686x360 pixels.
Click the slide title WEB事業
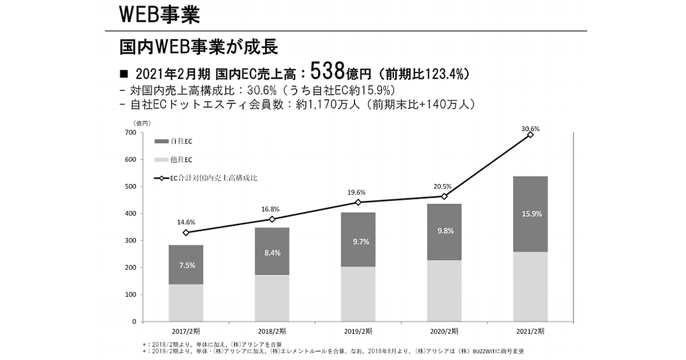pyautogui.click(x=159, y=14)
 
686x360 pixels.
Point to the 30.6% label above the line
pyautogui.click(x=531, y=129)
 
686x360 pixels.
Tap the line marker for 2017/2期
pyautogui.click(x=186, y=233)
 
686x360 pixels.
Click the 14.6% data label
pyautogui.click(x=186, y=222)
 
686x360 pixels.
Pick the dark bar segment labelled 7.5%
pyautogui.click(x=186, y=265)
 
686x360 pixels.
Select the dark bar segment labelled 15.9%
pyautogui.click(x=530, y=214)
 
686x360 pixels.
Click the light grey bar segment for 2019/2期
pyautogui.click(x=358, y=294)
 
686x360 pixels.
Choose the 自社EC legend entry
pyautogui.click(x=174, y=141)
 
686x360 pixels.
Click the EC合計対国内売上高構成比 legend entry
pyautogui.click(x=206, y=178)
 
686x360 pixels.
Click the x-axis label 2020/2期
pyautogui.click(x=444, y=331)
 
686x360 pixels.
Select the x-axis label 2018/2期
pyautogui.click(x=272, y=331)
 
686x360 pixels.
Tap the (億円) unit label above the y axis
pyautogui.click(x=142, y=123)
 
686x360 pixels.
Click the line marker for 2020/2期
pyautogui.click(x=444, y=197)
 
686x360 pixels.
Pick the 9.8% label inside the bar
pyautogui.click(x=444, y=231)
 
